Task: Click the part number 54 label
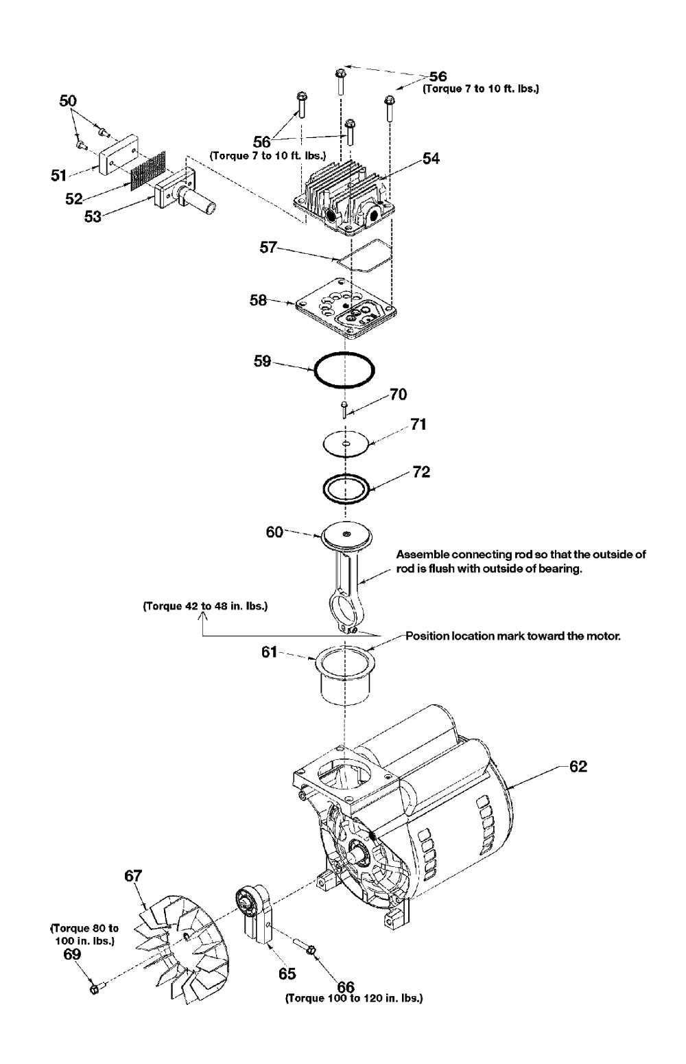tap(431, 159)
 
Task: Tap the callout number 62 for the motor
tap(578, 767)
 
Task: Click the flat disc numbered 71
tap(346, 444)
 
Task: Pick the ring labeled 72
tap(346, 489)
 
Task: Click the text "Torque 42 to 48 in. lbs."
tap(204, 607)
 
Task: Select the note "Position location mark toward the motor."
tap(512, 636)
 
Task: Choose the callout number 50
tap(68, 101)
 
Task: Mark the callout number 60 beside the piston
tap(274, 532)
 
